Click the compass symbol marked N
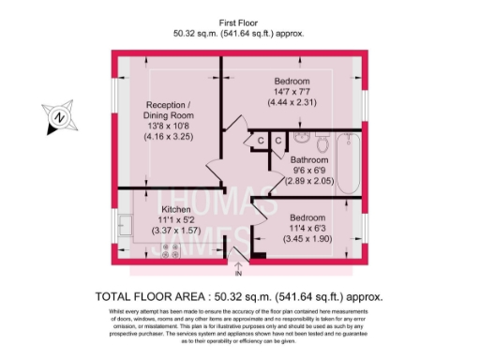pos(59,117)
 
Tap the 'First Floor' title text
pos(239,22)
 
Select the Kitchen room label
pos(176,209)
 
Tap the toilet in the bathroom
pos(322,143)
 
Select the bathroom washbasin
pos(301,140)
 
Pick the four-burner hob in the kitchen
pos(172,249)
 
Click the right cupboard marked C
pos(278,141)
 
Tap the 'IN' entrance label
pos(238,276)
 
